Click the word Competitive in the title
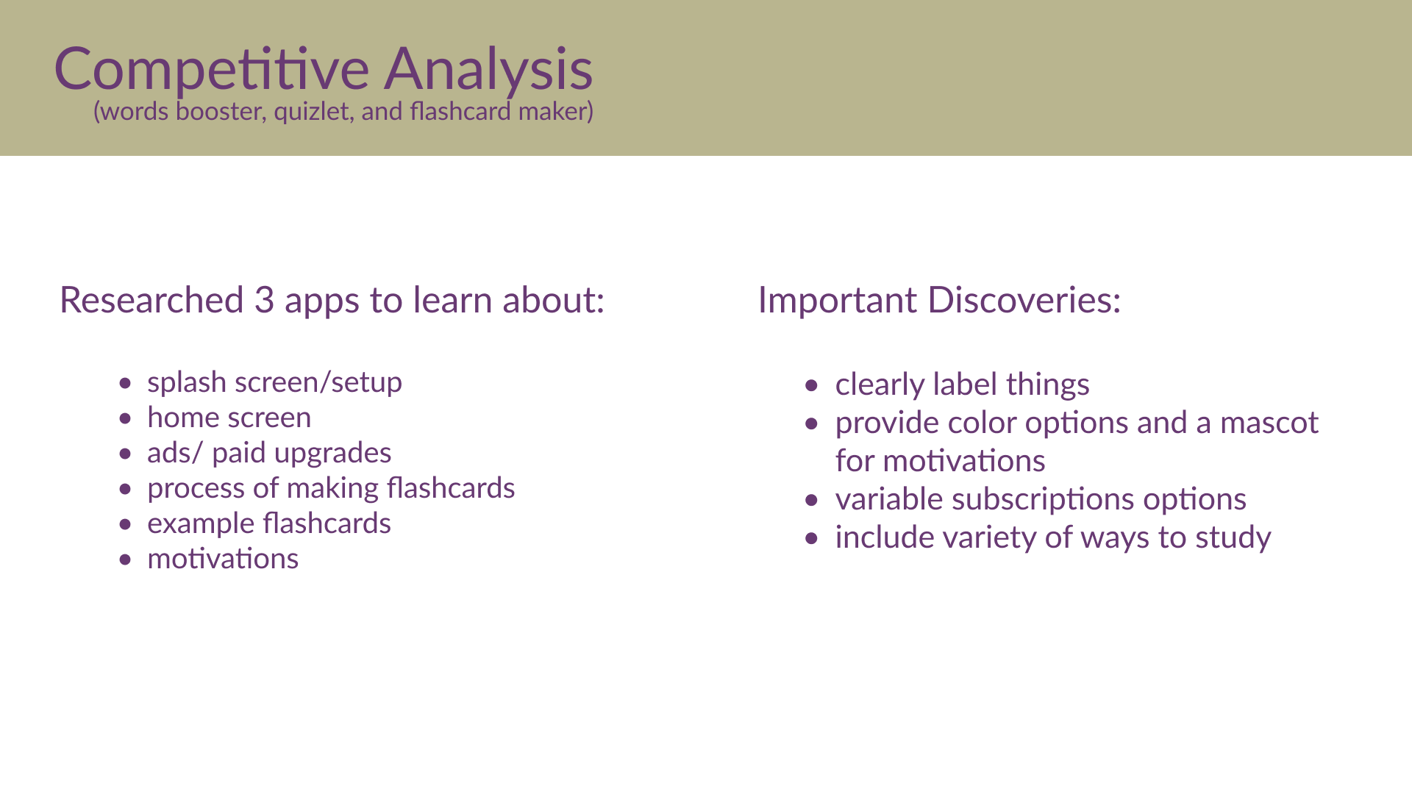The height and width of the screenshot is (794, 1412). pyautogui.click(x=212, y=70)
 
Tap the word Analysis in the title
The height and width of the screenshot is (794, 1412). pyautogui.click(x=488, y=70)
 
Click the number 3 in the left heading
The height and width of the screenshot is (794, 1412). pyautogui.click(x=264, y=300)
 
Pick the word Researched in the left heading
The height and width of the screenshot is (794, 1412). pyautogui.click(x=151, y=300)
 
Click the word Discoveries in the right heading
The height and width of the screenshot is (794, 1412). pyautogui.click(x=1024, y=300)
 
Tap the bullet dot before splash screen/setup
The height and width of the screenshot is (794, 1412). pyautogui.click(x=126, y=383)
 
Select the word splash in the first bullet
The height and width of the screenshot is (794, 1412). pyautogui.click(x=187, y=383)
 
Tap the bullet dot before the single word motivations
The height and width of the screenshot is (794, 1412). pyautogui.click(x=126, y=559)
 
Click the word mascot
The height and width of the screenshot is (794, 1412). pyautogui.click(x=1269, y=423)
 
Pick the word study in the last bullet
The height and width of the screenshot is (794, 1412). pyautogui.click(x=1233, y=538)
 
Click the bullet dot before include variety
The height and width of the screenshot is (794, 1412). pyautogui.click(x=812, y=538)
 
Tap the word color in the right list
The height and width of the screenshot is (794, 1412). pyautogui.click(x=983, y=423)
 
